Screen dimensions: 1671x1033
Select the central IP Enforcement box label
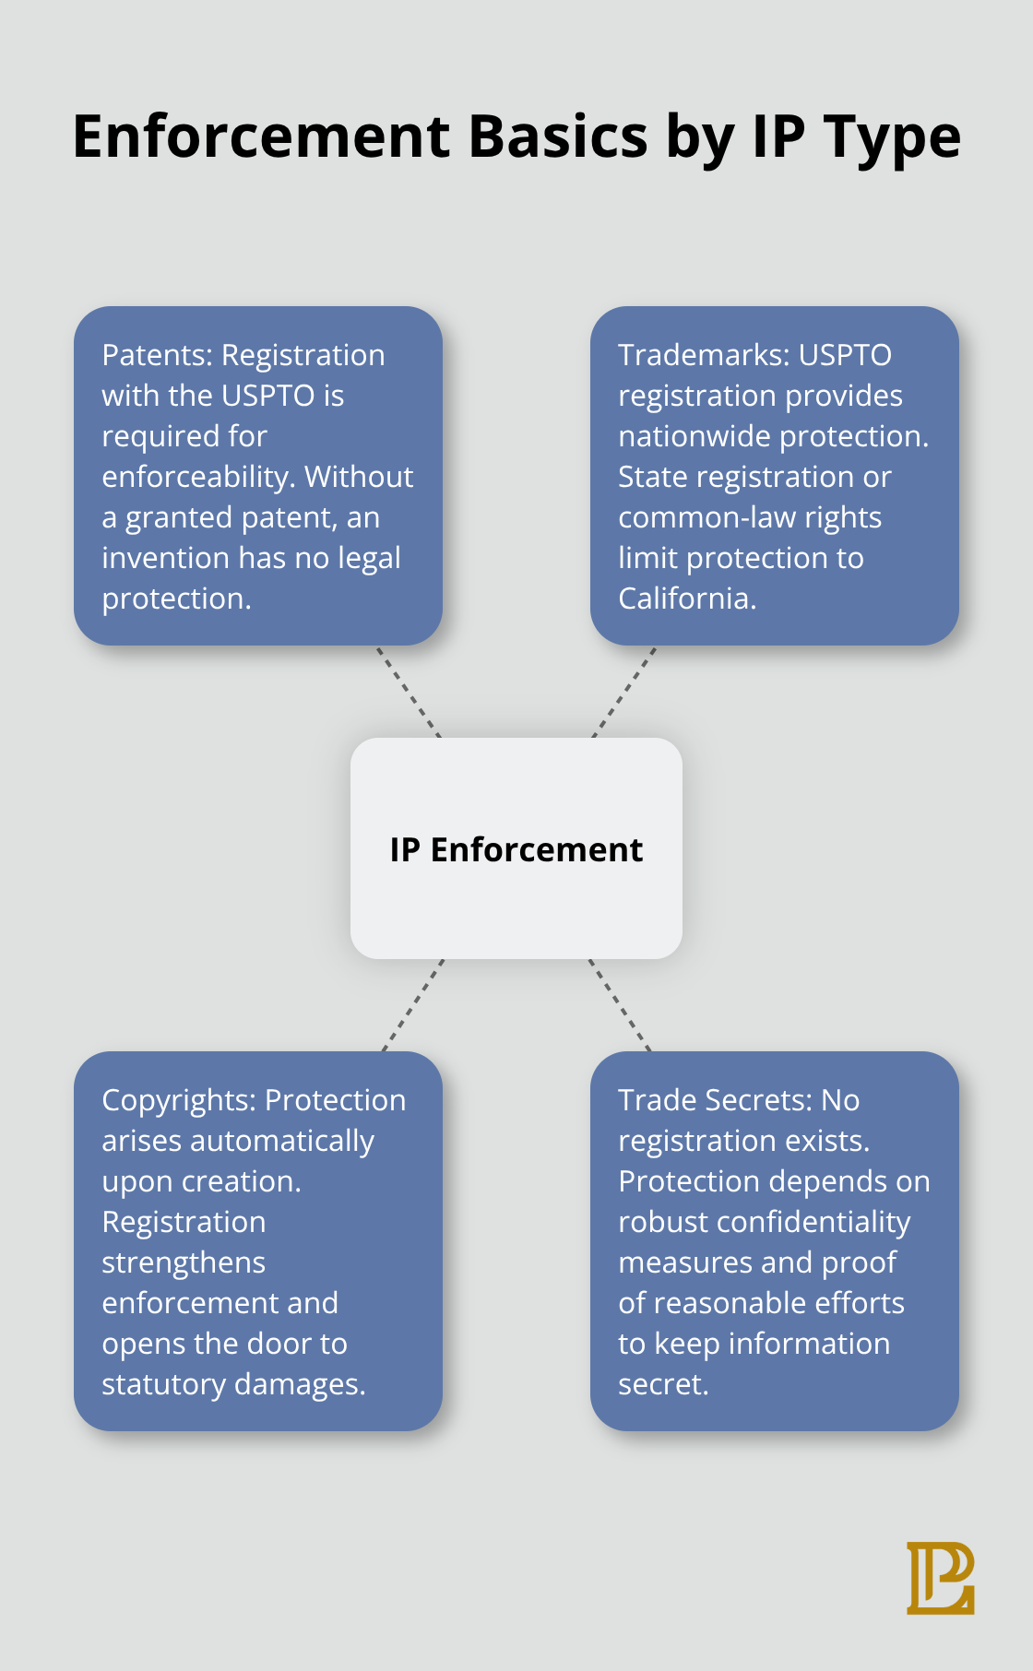pyautogui.click(x=516, y=849)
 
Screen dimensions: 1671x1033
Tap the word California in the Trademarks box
pyautogui.click(x=686, y=598)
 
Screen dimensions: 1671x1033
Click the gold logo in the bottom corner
pyautogui.click(x=940, y=1577)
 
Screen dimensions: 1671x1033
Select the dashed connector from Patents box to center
pyautogui.click(x=409, y=692)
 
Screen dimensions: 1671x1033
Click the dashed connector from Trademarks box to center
pyautogui.click(x=624, y=692)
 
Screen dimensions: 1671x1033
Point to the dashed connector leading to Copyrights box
pyautogui.click(x=413, y=1005)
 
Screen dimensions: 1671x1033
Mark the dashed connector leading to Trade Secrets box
pyautogui.click(x=620, y=1005)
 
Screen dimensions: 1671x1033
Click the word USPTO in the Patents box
pyautogui.click(x=268, y=396)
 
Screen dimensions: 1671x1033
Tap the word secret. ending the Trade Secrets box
pyautogui.click(x=663, y=1384)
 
